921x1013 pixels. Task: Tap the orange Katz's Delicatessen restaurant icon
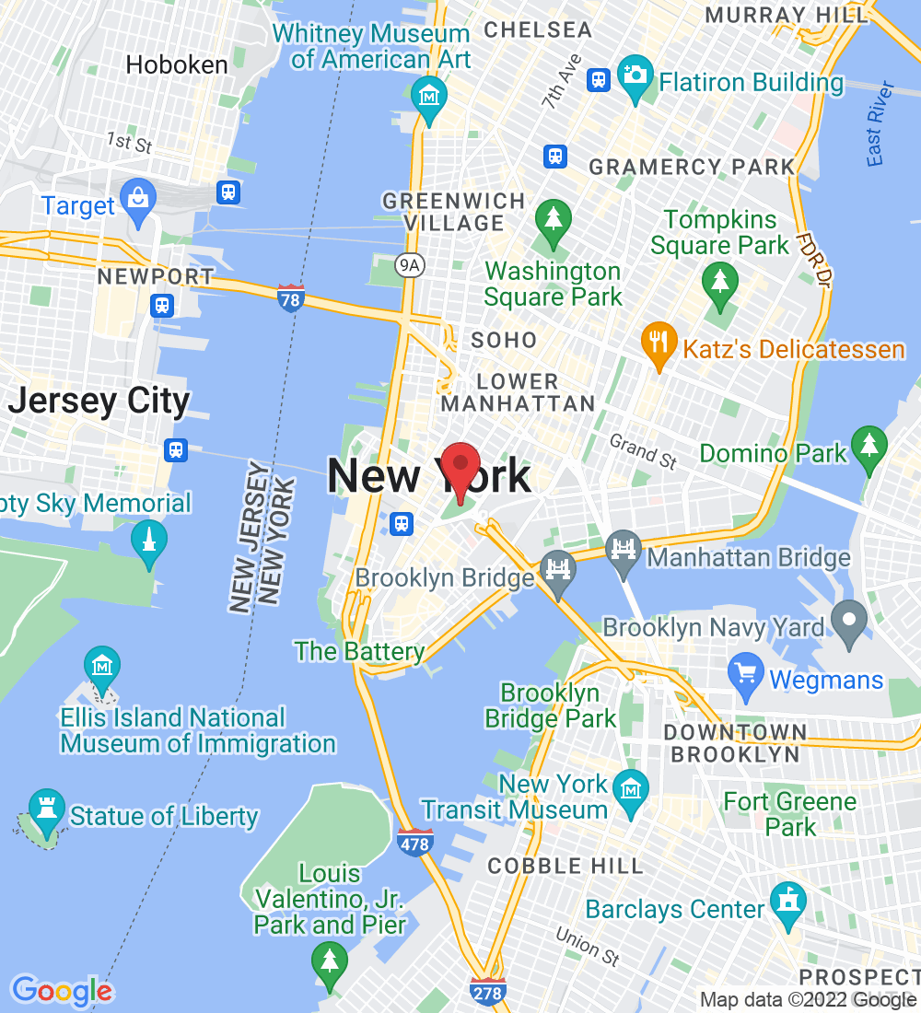(657, 343)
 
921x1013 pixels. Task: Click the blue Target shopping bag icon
(138, 202)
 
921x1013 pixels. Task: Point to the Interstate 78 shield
(291, 297)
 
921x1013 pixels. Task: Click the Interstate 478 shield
(415, 842)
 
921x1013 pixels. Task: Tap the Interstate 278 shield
(486, 991)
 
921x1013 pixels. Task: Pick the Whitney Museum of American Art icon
(429, 98)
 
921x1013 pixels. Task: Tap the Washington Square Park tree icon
(553, 222)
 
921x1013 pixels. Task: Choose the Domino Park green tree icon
(869, 448)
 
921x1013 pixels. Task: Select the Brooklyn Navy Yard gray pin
(848, 623)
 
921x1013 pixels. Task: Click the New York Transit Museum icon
(631, 793)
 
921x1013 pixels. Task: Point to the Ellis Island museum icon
(101, 667)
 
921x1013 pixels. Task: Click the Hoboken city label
(177, 64)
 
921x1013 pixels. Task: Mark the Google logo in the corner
(61, 991)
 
